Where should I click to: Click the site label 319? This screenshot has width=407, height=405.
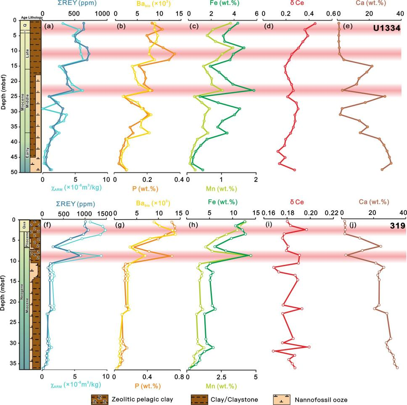pos(396,225)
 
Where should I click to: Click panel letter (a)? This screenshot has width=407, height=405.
pos(48,27)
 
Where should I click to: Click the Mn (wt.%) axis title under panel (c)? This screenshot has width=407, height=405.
pos(220,188)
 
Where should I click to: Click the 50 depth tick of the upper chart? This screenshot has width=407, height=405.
pos(14,172)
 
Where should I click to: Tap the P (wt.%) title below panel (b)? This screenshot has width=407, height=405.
pos(147,188)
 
